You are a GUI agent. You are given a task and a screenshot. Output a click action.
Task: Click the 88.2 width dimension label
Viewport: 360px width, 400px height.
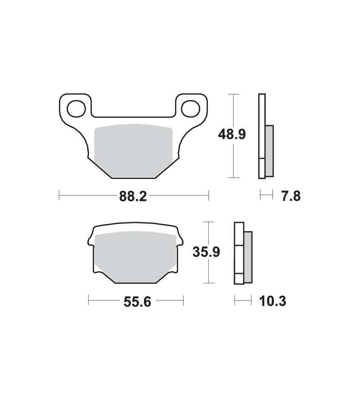tap(133, 196)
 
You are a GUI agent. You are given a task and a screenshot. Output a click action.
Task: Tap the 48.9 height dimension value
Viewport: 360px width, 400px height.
tap(232, 134)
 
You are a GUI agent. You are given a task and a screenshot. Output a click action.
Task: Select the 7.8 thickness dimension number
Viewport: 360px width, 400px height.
tap(291, 196)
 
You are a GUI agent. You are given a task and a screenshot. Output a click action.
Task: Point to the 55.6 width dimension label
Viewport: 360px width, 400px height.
tap(137, 302)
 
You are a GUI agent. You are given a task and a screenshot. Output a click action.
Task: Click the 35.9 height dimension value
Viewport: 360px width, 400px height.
tap(206, 252)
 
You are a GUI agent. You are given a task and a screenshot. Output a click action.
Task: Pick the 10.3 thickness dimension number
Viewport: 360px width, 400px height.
tap(273, 301)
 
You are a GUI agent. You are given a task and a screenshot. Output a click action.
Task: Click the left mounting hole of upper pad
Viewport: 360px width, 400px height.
tap(76, 109)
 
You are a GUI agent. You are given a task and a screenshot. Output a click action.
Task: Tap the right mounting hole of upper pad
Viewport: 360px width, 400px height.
tap(190, 109)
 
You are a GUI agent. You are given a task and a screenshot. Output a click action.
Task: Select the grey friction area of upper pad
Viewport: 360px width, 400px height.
tap(133, 151)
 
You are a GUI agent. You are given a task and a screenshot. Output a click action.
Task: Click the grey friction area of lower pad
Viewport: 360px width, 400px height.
tap(135, 257)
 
